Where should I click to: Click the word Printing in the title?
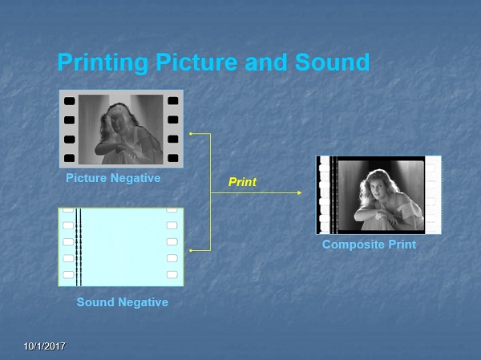click(x=103, y=63)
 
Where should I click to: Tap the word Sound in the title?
click(x=332, y=62)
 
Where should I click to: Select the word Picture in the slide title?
click(x=196, y=62)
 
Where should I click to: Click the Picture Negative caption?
click(x=113, y=178)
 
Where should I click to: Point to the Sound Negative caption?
click(x=123, y=302)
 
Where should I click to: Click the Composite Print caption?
click(x=369, y=245)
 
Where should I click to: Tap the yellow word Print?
click(x=242, y=182)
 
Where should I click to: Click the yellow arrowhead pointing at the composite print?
click(x=300, y=192)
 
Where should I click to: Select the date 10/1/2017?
click(x=45, y=346)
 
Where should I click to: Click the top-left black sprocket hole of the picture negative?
click(x=69, y=101)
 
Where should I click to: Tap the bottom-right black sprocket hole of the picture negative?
click(x=173, y=158)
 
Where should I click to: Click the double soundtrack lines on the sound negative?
click(x=79, y=247)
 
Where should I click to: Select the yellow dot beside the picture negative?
click(x=191, y=134)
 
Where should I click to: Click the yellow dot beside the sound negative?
click(x=191, y=251)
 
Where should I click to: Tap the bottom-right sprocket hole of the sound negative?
click(x=172, y=274)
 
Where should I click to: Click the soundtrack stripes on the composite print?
click(x=333, y=195)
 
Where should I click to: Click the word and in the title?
click(x=266, y=62)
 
